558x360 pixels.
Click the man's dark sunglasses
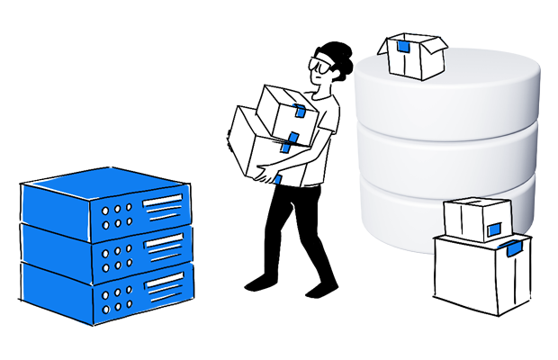pyautogui.click(x=321, y=65)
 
